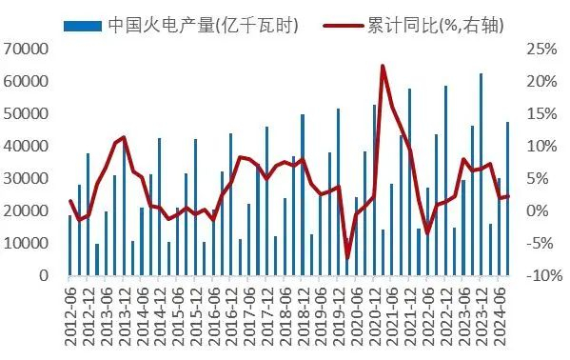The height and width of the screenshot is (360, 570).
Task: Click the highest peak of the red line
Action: tap(383, 66)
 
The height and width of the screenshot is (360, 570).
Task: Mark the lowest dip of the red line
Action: tap(347, 258)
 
